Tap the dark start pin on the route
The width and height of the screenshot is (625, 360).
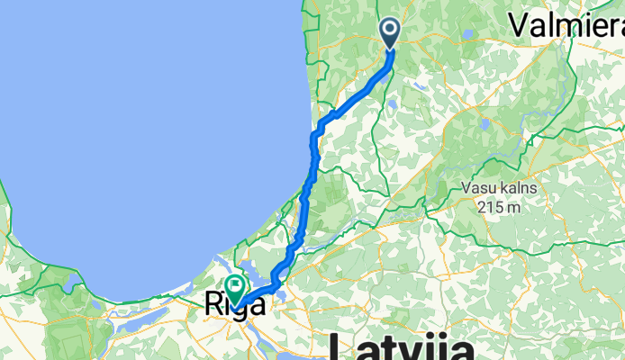391,33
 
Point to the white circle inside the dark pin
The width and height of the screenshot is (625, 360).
391,30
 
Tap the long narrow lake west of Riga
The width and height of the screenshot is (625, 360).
72,286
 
